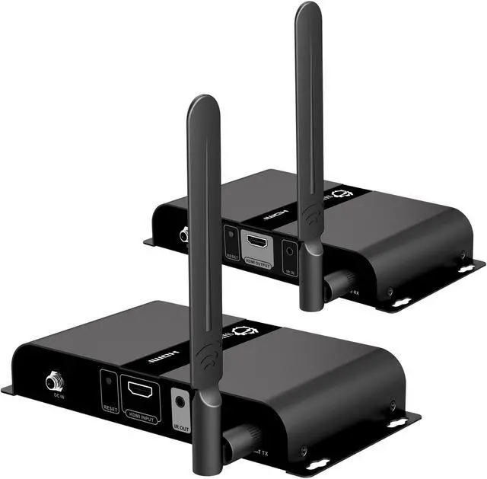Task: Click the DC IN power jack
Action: pos(54,379)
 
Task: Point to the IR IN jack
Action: pos(289,251)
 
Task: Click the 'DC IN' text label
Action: pos(55,398)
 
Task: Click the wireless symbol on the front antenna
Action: pos(205,355)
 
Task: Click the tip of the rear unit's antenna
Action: pos(307,9)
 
